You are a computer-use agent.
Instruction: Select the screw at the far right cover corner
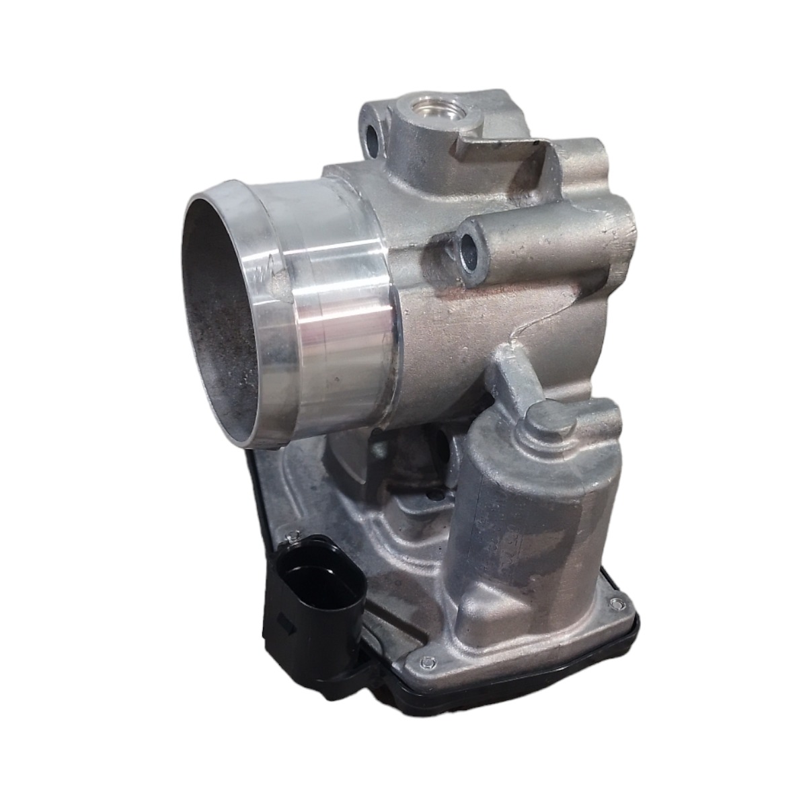click(x=614, y=603)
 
